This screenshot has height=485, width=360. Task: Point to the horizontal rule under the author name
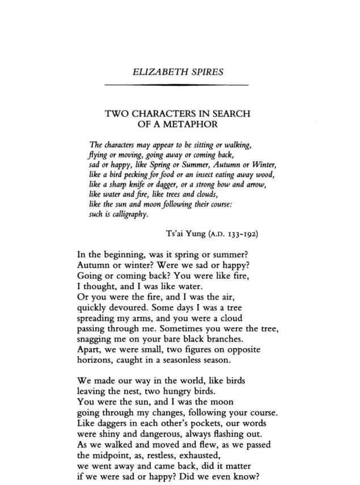pos(177,85)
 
